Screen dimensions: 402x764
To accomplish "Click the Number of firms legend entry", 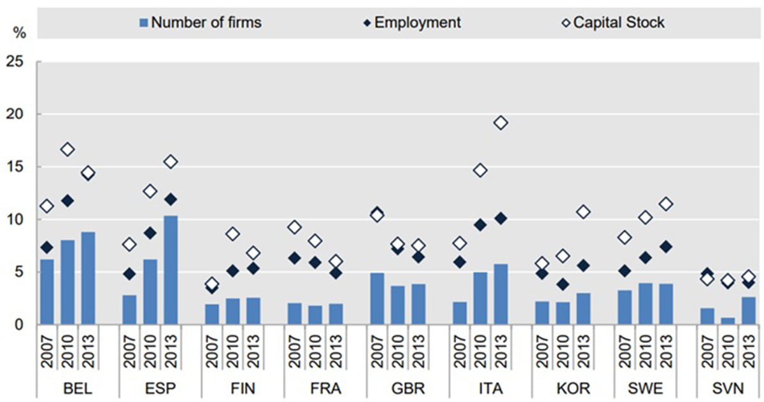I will click(200, 23).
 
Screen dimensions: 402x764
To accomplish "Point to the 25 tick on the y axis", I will click(14, 62).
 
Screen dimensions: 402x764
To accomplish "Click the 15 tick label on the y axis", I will click(14, 167).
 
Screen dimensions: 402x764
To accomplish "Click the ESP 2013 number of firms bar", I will click(170, 270).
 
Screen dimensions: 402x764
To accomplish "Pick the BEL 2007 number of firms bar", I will click(46, 292).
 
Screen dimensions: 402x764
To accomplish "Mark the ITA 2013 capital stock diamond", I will click(500, 123).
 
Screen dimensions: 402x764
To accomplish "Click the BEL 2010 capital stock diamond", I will click(67, 150).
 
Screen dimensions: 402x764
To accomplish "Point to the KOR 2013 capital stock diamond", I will click(583, 212).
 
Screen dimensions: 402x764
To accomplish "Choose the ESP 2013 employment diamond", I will click(170, 199).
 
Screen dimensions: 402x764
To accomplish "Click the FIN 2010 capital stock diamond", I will click(232, 234).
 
